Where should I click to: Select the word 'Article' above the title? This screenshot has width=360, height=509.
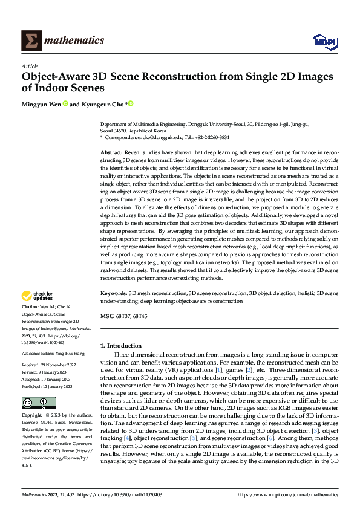(x=30, y=66)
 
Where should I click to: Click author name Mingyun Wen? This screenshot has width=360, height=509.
(x=41, y=104)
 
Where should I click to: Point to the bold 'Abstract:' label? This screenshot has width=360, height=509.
(x=112, y=153)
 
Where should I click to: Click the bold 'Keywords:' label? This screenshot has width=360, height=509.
(x=114, y=293)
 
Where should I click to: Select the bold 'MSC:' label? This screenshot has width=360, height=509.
(x=107, y=315)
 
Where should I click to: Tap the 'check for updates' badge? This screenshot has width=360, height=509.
(x=38, y=296)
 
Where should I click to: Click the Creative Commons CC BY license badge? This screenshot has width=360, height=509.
(x=38, y=403)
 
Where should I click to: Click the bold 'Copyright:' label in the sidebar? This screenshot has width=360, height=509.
(x=33, y=416)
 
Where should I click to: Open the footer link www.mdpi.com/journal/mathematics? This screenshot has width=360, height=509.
(x=287, y=494)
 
